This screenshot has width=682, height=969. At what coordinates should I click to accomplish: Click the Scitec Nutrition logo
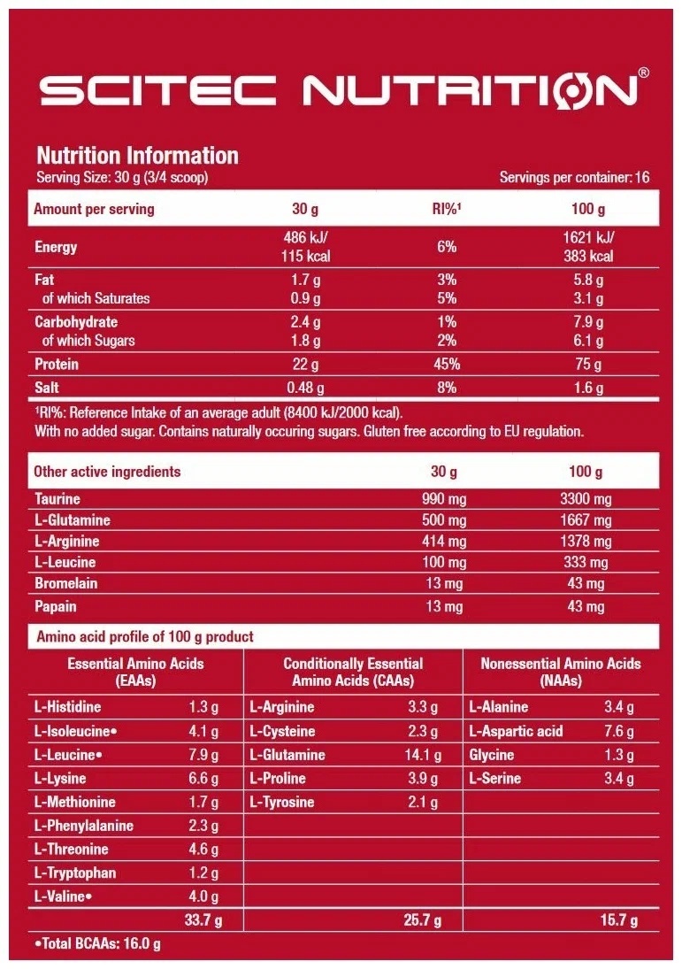tap(341, 91)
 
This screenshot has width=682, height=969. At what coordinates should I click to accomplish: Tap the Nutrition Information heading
tap(137, 156)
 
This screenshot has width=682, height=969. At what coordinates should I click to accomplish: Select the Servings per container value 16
tap(641, 178)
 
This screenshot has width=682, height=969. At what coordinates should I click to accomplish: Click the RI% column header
tap(447, 210)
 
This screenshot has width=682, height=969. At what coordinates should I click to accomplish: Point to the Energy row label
tap(56, 247)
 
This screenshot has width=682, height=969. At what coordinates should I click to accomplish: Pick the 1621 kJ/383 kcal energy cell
tap(588, 247)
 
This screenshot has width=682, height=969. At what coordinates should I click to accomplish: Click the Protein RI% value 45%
tap(447, 365)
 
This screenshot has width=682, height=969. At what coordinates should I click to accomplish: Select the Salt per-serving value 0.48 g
tap(305, 388)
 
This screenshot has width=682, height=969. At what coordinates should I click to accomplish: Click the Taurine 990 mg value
tap(444, 499)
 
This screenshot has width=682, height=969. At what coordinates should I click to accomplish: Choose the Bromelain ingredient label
tap(66, 584)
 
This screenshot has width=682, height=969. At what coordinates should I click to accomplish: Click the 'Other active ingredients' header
tap(107, 472)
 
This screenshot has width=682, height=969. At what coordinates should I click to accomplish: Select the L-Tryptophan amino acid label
tap(75, 873)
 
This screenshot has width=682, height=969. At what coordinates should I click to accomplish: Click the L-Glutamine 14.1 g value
tap(421, 756)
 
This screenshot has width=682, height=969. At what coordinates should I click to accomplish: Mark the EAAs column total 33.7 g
tap(202, 920)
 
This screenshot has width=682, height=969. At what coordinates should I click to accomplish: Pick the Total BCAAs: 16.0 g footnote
tap(96, 944)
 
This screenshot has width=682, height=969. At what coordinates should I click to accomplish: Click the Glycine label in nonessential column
tap(492, 756)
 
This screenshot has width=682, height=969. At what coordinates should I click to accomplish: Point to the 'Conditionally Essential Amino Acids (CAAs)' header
tap(353, 673)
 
